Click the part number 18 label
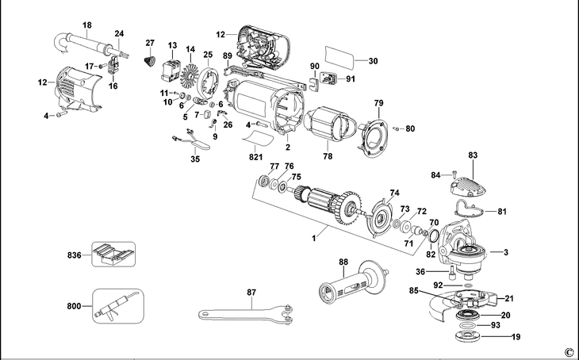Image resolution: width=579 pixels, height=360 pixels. [86, 26]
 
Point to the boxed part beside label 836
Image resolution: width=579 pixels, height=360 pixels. [110, 255]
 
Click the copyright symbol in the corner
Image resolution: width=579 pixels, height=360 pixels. [568, 351]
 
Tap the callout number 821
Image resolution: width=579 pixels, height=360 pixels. [255, 159]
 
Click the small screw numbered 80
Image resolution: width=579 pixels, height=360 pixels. [399, 128]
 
